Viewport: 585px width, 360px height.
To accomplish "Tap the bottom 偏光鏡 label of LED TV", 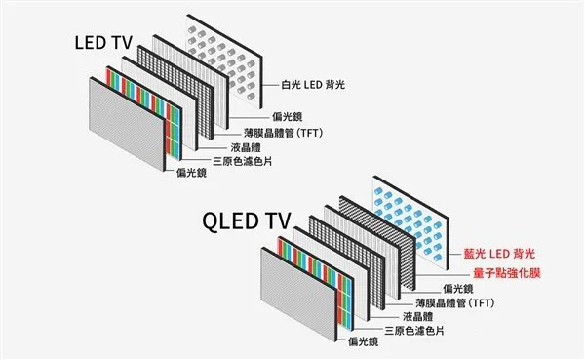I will click(x=192, y=174).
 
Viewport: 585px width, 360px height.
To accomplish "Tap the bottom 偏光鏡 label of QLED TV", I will click(x=363, y=344).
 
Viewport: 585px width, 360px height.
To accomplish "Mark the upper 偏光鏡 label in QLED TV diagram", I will click(x=457, y=289).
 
